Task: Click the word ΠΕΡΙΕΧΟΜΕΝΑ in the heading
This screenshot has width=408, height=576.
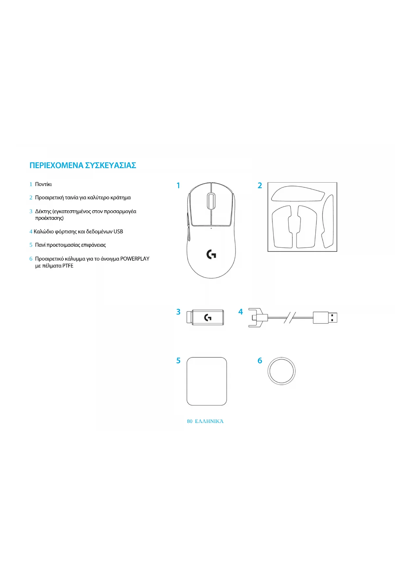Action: [56, 165]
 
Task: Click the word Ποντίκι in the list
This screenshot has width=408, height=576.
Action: [43, 184]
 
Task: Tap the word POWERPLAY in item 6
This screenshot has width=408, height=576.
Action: [135, 259]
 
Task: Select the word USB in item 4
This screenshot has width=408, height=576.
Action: [118, 232]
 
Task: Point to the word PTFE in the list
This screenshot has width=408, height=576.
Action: [68, 266]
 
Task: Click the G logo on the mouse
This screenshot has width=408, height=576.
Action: [211, 254]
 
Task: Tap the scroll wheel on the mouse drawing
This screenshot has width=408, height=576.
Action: [211, 201]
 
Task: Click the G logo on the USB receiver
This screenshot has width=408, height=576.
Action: [208, 318]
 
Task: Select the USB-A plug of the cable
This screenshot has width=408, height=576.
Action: [325, 318]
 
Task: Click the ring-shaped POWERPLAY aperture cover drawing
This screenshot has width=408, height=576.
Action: [281, 371]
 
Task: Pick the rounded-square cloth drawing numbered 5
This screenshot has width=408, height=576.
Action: [206, 381]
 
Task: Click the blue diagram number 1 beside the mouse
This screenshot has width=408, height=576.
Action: [178, 186]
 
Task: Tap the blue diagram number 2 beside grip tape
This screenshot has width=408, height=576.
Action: [260, 186]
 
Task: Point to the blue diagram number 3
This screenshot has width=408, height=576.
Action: [178, 312]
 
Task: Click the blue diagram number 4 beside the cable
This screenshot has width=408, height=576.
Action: [241, 312]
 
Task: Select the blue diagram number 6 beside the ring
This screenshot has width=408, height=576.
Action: [260, 361]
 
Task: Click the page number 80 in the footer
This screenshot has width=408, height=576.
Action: [190, 421]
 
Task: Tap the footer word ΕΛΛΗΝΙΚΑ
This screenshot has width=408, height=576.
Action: [209, 421]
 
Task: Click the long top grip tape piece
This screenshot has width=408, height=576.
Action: [298, 194]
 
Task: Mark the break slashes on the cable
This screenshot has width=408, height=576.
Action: [290, 318]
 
